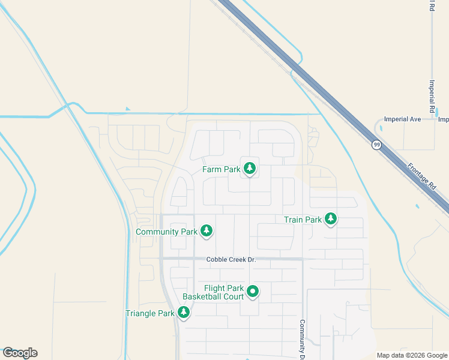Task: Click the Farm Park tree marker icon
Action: (x=250, y=169)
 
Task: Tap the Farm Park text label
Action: (x=221, y=170)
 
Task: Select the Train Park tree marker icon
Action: (x=330, y=218)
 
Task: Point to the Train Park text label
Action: (x=303, y=220)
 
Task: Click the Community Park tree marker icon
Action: (x=206, y=230)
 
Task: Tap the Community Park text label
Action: (x=166, y=232)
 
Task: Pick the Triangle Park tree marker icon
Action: (x=184, y=312)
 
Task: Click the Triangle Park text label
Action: (x=150, y=314)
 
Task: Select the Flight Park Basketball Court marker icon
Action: (x=253, y=292)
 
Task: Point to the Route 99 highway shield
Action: (x=376, y=145)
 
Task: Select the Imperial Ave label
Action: (x=403, y=119)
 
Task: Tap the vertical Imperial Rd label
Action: (x=432, y=96)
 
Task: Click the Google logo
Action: (x=20, y=353)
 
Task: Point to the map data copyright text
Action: (x=412, y=355)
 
